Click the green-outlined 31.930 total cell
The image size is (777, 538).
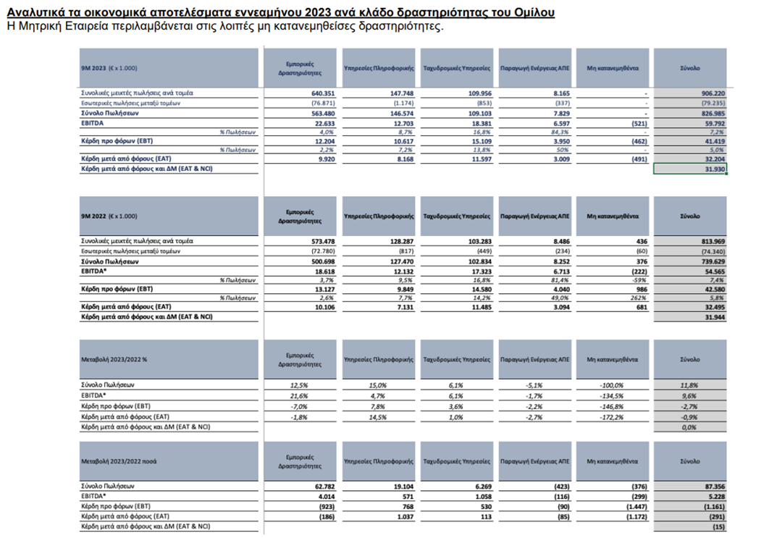pyautogui.click(x=689, y=169)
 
